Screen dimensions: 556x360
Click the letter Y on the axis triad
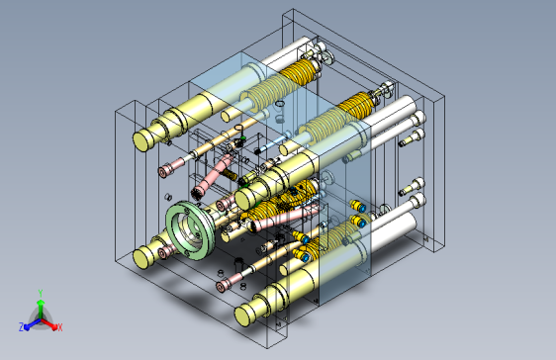tap(41, 293)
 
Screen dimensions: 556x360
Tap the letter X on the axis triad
tap(60, 327)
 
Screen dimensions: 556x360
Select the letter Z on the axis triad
tap(22, 326)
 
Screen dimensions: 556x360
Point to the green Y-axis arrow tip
tap(41, 303)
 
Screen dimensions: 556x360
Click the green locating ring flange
tap(190, 230)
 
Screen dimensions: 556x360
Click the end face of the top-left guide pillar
tap(141, 140)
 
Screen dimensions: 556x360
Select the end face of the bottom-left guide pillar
tap(141, 259)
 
